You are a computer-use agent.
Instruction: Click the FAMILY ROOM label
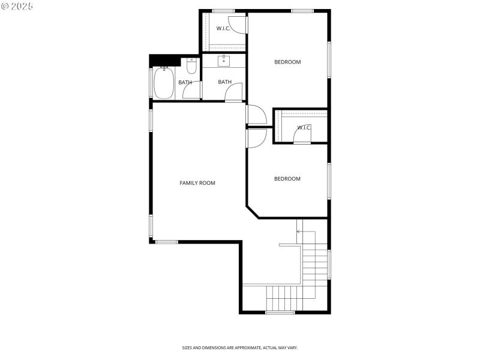click(197, 183)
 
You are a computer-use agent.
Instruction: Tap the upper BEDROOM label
click(287, 62)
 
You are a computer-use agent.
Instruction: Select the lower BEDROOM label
click(287, 179)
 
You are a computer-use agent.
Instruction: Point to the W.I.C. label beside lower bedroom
click(304, 127)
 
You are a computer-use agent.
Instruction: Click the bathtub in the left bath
click(164, 83)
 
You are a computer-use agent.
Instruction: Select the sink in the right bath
click(224, 61)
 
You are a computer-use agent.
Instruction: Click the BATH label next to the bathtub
click(185, 82)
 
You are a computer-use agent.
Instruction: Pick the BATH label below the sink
click(224, 82)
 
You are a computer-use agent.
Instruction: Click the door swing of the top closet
click(238, 25)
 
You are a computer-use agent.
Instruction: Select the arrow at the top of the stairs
click(299, 231)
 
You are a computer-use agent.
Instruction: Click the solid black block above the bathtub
click(165, 60)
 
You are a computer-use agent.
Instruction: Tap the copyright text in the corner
click(17, 5)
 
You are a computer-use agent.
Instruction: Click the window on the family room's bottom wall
click(167, 242)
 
